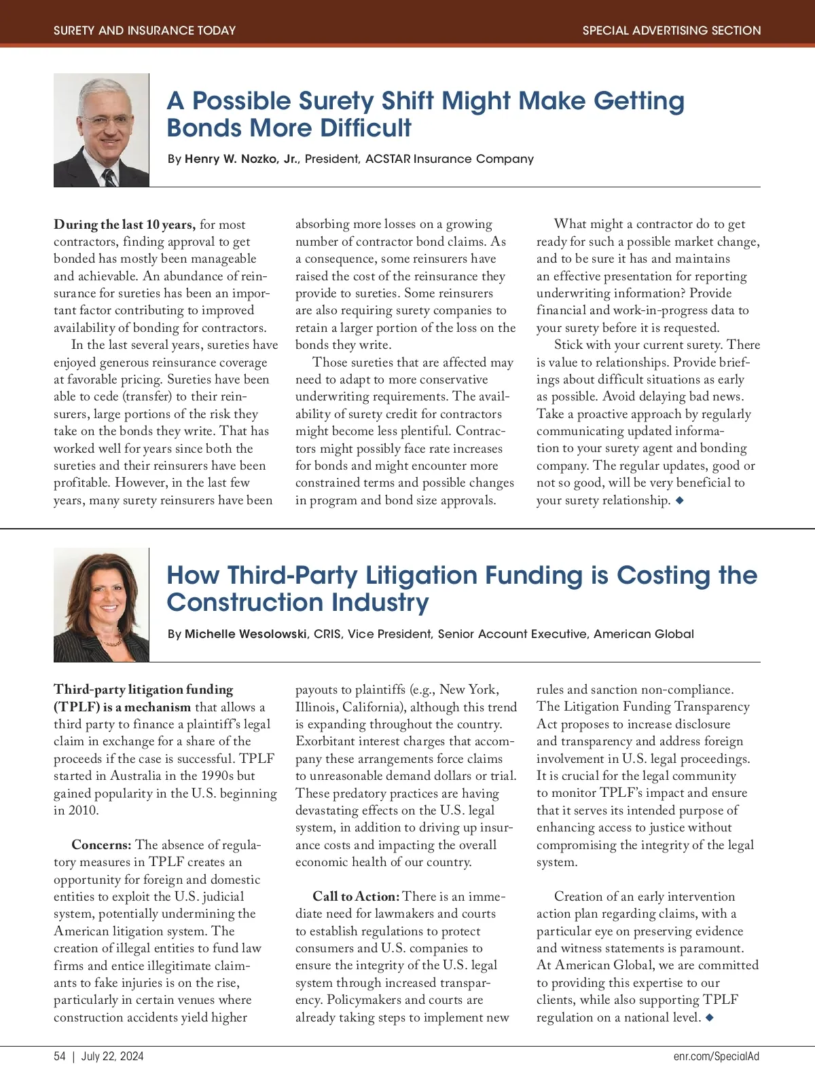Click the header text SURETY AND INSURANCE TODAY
coord(145,31)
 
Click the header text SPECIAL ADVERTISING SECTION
coord(671,31)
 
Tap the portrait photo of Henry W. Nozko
coord(101,130)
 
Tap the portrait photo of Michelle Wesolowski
coord(101,604)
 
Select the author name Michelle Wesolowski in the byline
coord(247,634)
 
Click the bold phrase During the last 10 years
coord(124,225)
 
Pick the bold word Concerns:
coord(101,845)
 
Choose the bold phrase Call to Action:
coord(355,897)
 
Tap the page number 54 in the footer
coord(60,1056)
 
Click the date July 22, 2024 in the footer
coord(113,1056)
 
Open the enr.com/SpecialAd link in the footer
coord(717,1056)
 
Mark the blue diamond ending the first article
coord(679,500)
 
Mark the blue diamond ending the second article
coord(710,1017)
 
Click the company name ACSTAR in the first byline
coord(388,159)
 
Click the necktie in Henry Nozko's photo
coord(109,178)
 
